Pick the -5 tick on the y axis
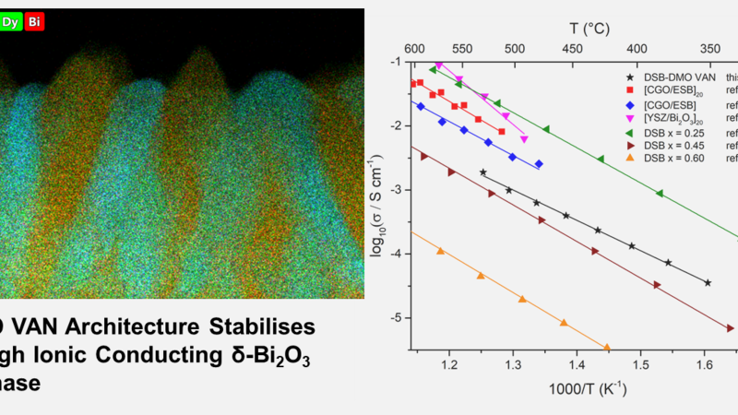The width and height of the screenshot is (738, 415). pyautogui.click(x=399, y=318)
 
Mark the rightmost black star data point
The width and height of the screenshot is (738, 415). pyautogui.click(x=708, y=283)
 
